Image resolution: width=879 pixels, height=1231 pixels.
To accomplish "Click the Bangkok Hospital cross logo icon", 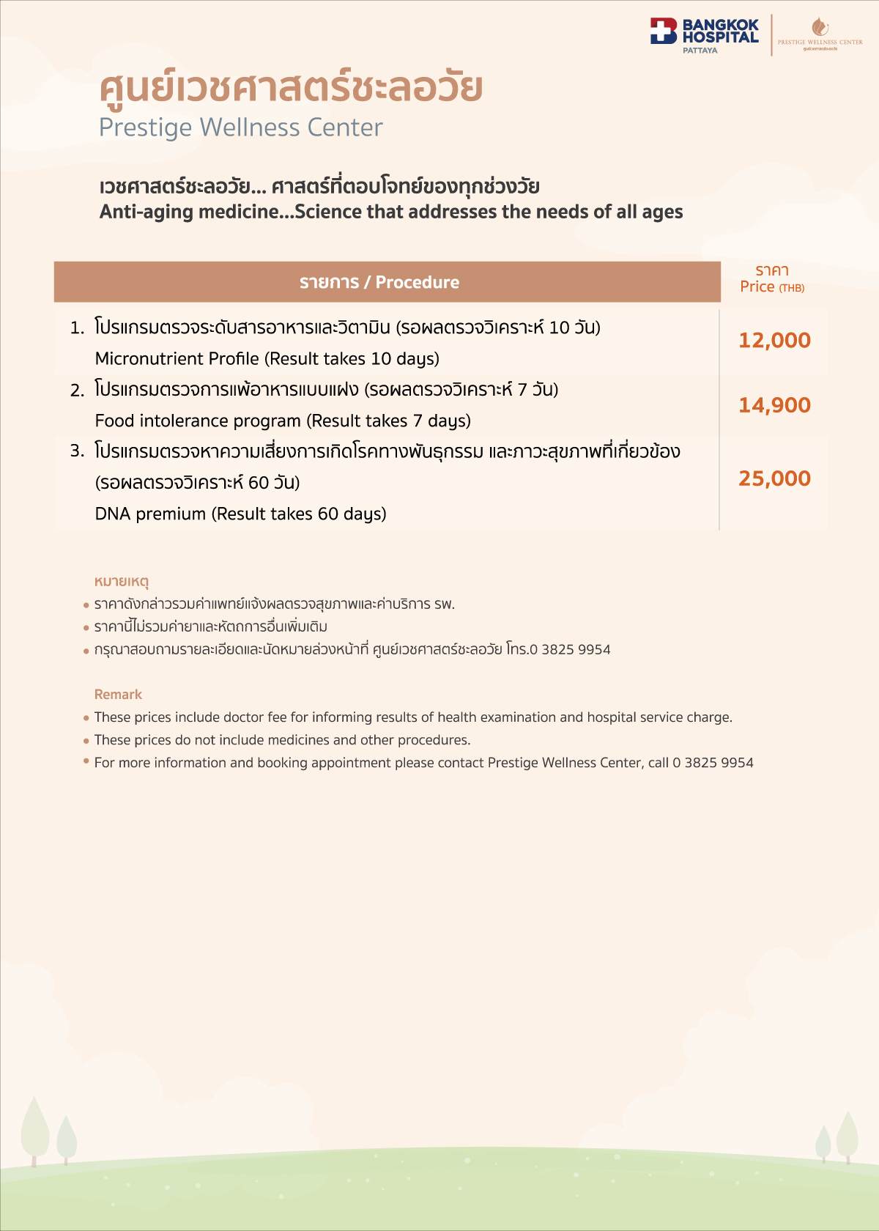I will coord(664,32).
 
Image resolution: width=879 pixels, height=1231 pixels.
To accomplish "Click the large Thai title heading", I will coord(291,88).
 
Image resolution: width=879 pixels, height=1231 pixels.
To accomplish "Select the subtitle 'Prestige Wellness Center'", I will coord(240,127).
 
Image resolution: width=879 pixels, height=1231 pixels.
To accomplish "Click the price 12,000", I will coord(774,340).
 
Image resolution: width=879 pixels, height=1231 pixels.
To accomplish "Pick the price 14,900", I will coord(774,405).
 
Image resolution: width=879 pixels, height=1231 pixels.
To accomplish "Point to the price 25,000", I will coord(774,478).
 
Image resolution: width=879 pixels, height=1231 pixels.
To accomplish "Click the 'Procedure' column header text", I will coord(417,282).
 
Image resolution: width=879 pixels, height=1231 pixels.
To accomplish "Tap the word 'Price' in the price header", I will coord(757,287).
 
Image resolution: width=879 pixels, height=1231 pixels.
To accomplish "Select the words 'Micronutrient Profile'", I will coord(177,358).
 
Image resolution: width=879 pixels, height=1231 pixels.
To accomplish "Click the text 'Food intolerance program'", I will coord(198,421).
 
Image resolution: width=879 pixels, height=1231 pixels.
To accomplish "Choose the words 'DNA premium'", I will coord(150,514).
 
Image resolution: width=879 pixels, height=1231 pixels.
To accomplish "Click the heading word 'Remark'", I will coord(118,694).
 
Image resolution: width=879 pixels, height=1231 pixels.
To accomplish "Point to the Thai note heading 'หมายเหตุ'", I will coord(122,582).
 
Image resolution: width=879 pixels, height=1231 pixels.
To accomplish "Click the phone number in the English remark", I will coord(713,763).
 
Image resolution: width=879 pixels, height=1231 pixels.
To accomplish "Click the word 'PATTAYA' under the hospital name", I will coord(700,51).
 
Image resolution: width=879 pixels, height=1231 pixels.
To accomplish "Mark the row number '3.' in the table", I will coord(78,451).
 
